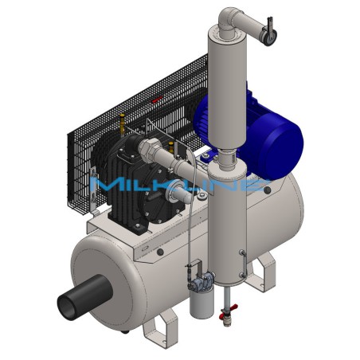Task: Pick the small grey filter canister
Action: click(202, 303)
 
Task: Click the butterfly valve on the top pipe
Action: click(268, 33)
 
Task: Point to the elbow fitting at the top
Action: click(229, 21)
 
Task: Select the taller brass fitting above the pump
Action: click(122, 123)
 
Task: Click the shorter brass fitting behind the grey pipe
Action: click(171, 147)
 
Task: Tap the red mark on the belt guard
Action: click(157, 100)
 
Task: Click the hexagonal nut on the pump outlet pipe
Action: click(149, 148)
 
